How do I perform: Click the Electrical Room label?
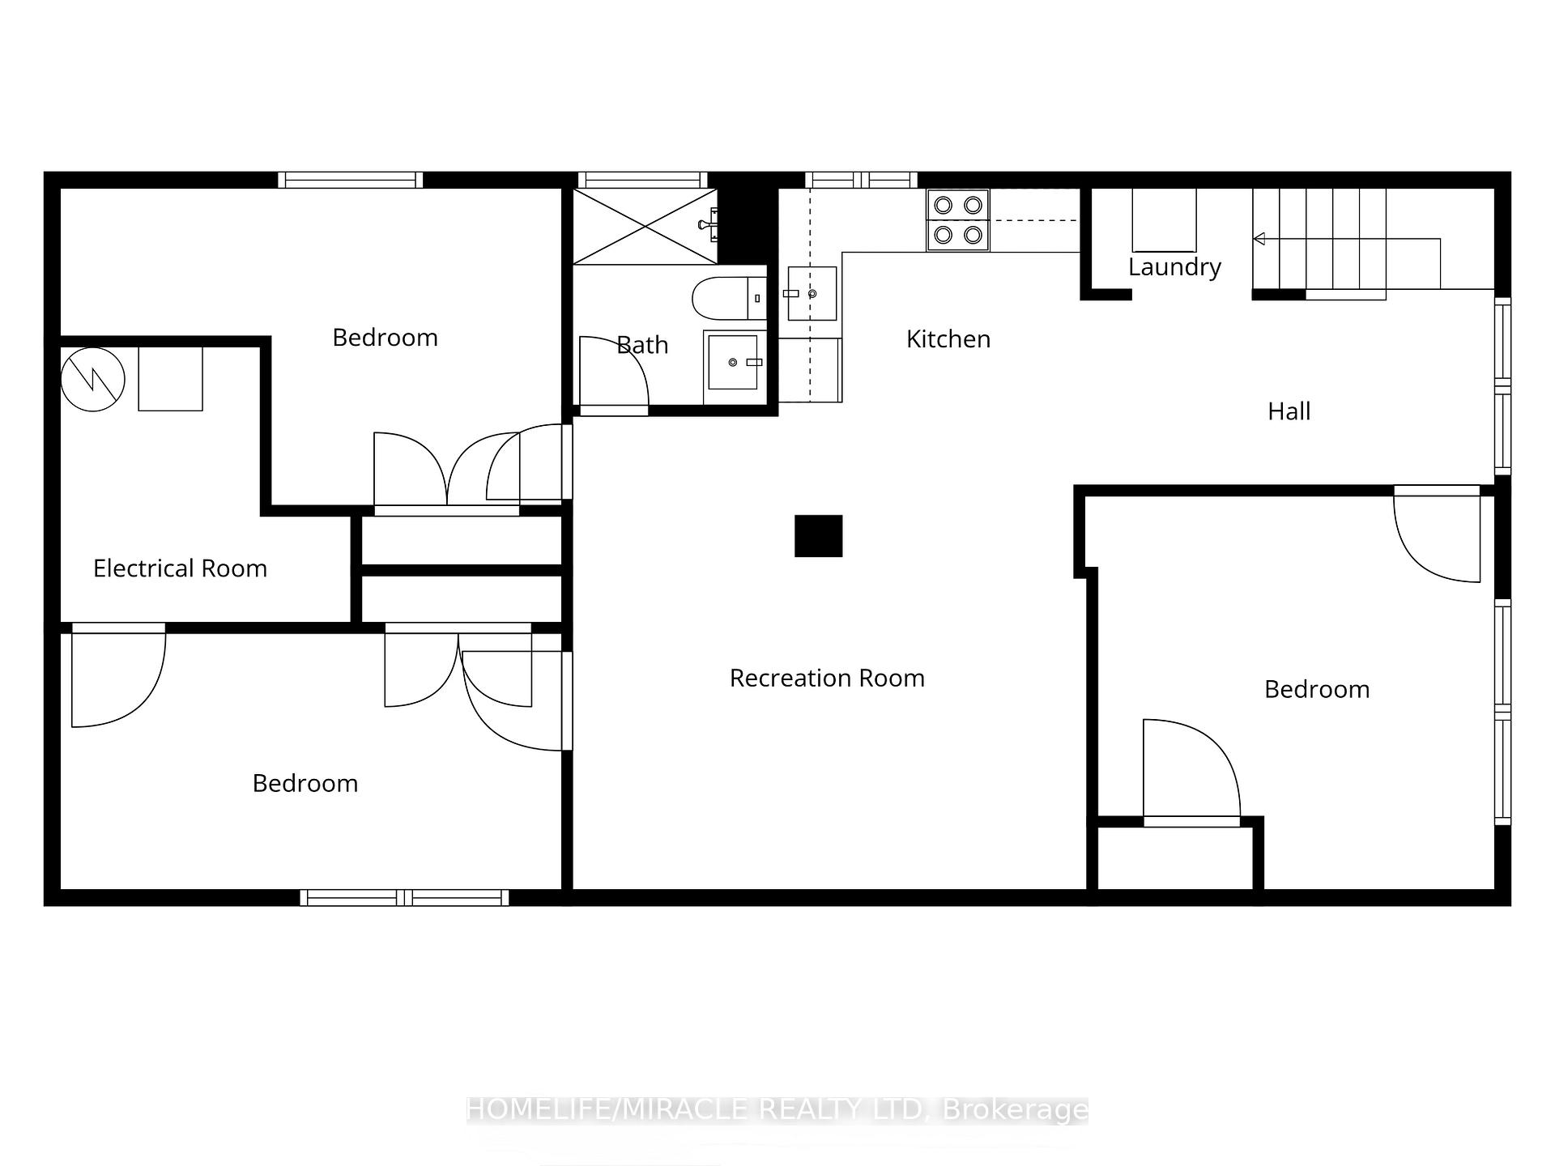coord(180,568)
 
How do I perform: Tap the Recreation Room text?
coord(827,678)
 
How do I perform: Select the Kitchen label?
coord(948,338)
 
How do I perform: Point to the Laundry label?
coord(1174,267)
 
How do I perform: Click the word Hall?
coord(1289,411)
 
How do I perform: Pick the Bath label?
coord(642,345)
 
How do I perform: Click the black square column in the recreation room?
coord(818,536)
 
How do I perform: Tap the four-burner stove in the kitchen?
coord(958,219)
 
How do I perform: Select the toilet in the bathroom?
coord(729,298)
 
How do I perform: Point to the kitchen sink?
coord(812,293)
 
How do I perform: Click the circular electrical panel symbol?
coord(93,379)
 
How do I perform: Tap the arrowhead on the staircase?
coord(1259,239)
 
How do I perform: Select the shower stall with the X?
coord(645,226)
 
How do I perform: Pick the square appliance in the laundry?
coord(1164,219)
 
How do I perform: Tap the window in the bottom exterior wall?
coord(405,897)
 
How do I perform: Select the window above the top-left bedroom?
coord(351,180)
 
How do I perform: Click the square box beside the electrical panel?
coord(171,379)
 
